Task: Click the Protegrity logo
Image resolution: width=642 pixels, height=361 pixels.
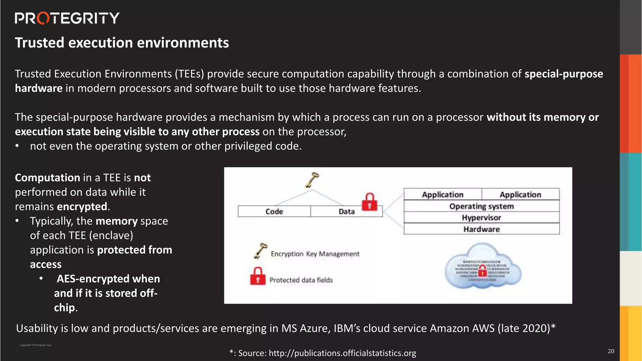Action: [67, 18]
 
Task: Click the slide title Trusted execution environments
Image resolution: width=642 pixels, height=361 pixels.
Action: [122, 43]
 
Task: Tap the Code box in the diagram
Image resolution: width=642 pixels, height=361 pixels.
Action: [274, 212]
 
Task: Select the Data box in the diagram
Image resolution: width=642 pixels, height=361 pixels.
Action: [346, 212]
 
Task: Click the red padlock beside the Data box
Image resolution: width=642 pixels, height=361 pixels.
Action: [370, 202]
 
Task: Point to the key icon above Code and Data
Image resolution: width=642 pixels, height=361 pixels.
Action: [312, 180]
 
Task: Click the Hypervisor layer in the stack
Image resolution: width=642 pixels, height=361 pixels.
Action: [481, 217]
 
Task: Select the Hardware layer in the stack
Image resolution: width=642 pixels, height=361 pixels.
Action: [481, 229]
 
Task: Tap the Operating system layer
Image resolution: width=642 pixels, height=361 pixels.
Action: [481, 206]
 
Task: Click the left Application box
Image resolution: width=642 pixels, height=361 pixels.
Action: [442, 195]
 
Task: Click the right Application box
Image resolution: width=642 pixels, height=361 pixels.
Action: [520, 195]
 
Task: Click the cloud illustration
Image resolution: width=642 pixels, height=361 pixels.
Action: [483, 266]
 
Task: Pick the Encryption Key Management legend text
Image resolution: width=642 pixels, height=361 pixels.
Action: [315, 254]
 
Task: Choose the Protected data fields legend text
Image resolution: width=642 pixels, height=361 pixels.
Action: [301, 280]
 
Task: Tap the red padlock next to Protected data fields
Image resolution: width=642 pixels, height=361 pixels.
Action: [258, 276]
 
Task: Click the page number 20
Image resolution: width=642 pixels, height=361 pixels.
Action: [611, 351]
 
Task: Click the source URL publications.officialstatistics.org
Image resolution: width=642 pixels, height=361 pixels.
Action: [342, 353]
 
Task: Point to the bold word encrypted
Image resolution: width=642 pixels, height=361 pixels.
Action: [82, 207]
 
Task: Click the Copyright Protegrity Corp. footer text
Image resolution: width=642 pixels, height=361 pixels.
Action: [35, 345]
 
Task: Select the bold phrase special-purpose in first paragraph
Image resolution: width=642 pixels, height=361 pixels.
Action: [564, 74]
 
